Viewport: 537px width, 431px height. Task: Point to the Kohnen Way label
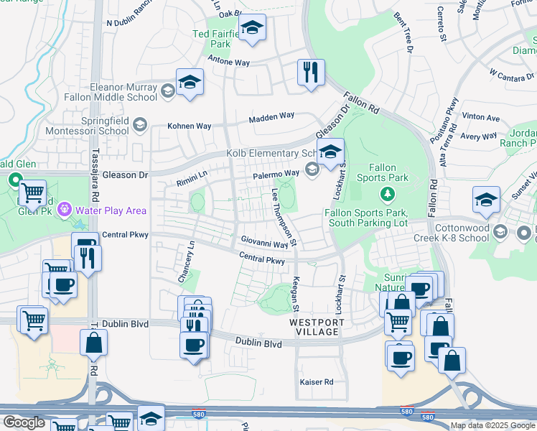pos(189,126)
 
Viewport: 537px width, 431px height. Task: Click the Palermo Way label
pos(275,174)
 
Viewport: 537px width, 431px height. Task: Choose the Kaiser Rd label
pos(316,381)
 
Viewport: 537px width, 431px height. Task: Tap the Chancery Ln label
pos(191,261)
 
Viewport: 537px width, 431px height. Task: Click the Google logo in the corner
pos(24,422)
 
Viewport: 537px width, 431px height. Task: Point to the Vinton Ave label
pos(482,117)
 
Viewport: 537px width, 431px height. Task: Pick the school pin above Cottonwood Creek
pos(486,201)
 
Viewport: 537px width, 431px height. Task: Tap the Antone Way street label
pos(228,62)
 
